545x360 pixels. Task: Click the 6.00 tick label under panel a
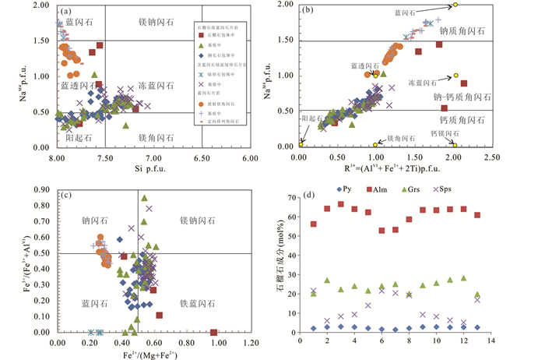click(248, 157)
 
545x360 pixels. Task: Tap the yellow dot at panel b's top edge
click(455, 5)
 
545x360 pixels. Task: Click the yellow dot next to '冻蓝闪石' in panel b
click(455, 76)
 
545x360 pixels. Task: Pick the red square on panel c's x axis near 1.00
click(213, 332)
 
